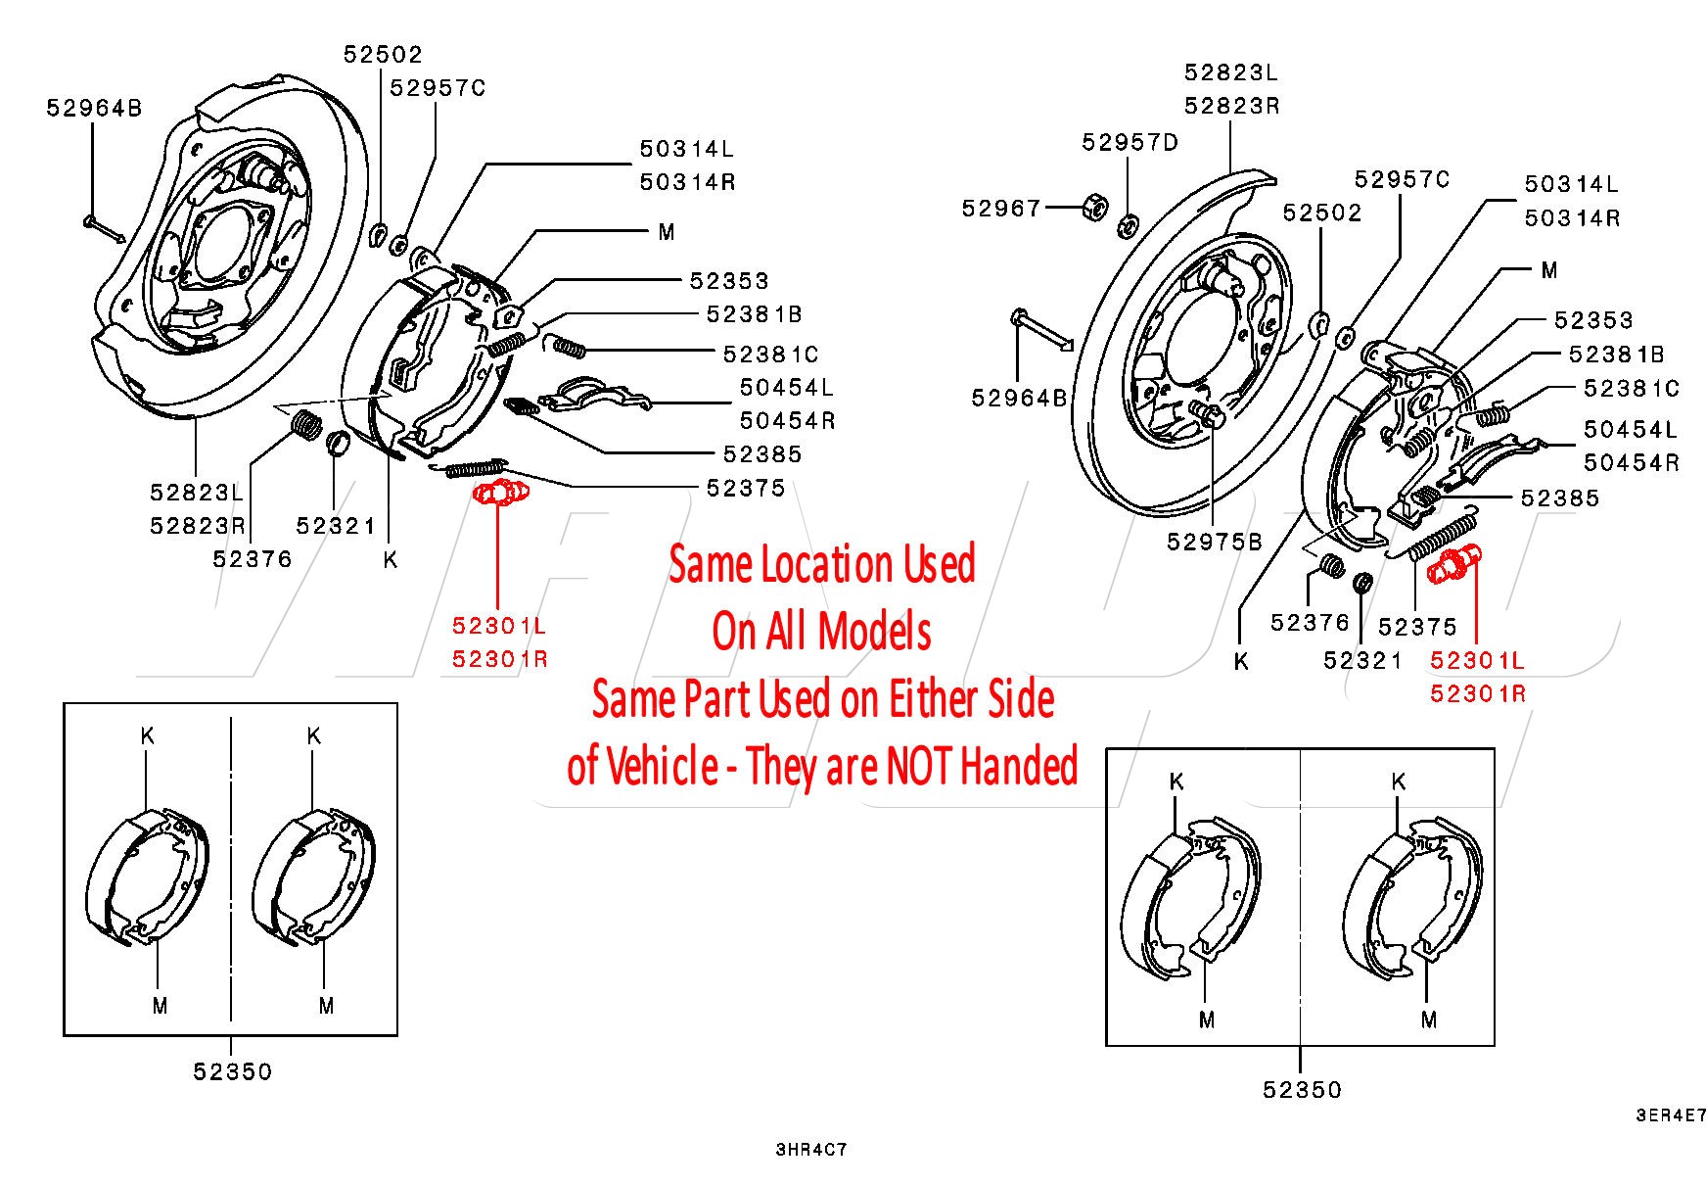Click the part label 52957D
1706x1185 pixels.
[x=1130, y=143]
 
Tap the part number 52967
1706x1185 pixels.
[x=1001, y=209]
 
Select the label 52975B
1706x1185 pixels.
[x=1214, y=543]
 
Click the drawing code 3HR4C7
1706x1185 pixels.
[x=810, y=1150]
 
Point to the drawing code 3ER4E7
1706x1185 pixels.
[x=1671, y=1115]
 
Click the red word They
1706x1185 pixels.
[x=783, y=766]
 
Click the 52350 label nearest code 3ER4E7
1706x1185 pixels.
[x=1301, y=1090]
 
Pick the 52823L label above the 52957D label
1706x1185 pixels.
[x=1230, y=72]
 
